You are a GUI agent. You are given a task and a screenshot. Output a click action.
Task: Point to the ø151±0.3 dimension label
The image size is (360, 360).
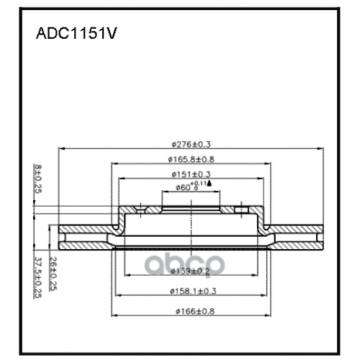(191, 174)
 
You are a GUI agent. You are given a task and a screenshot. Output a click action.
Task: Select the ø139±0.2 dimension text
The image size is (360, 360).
(191, 271)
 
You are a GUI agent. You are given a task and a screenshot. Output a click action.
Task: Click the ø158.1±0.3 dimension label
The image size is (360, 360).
(191, 291)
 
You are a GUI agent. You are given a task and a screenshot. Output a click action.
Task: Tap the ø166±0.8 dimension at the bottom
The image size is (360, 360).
(191, 311)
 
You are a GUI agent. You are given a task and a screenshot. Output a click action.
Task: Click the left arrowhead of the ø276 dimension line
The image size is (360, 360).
(60, 148)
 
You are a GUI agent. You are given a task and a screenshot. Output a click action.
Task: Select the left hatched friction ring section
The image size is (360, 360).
(83, 238)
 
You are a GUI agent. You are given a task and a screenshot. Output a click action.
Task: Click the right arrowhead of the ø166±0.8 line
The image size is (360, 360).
(270, 318)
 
